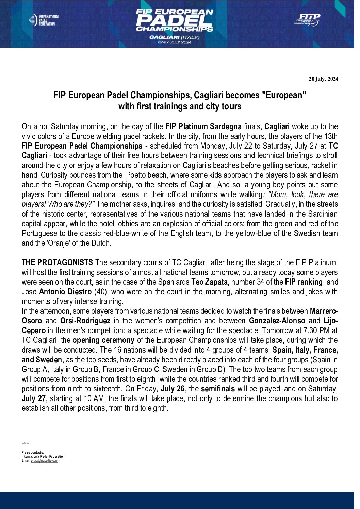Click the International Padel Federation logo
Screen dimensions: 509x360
[44, 20]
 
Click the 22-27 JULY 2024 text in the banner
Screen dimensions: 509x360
[174, 42]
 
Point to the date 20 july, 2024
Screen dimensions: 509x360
[323, 79]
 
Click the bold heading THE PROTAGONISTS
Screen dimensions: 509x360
[57, 263]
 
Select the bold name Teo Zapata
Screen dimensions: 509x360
[209, 282]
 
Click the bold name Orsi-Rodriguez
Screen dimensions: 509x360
[85, 321]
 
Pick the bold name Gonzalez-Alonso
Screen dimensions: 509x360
[277, 321]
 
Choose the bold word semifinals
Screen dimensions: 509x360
[218, 389]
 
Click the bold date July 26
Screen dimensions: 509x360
[173, 389]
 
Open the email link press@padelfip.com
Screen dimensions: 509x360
[44, 461]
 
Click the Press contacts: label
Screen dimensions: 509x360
[33, 453]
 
